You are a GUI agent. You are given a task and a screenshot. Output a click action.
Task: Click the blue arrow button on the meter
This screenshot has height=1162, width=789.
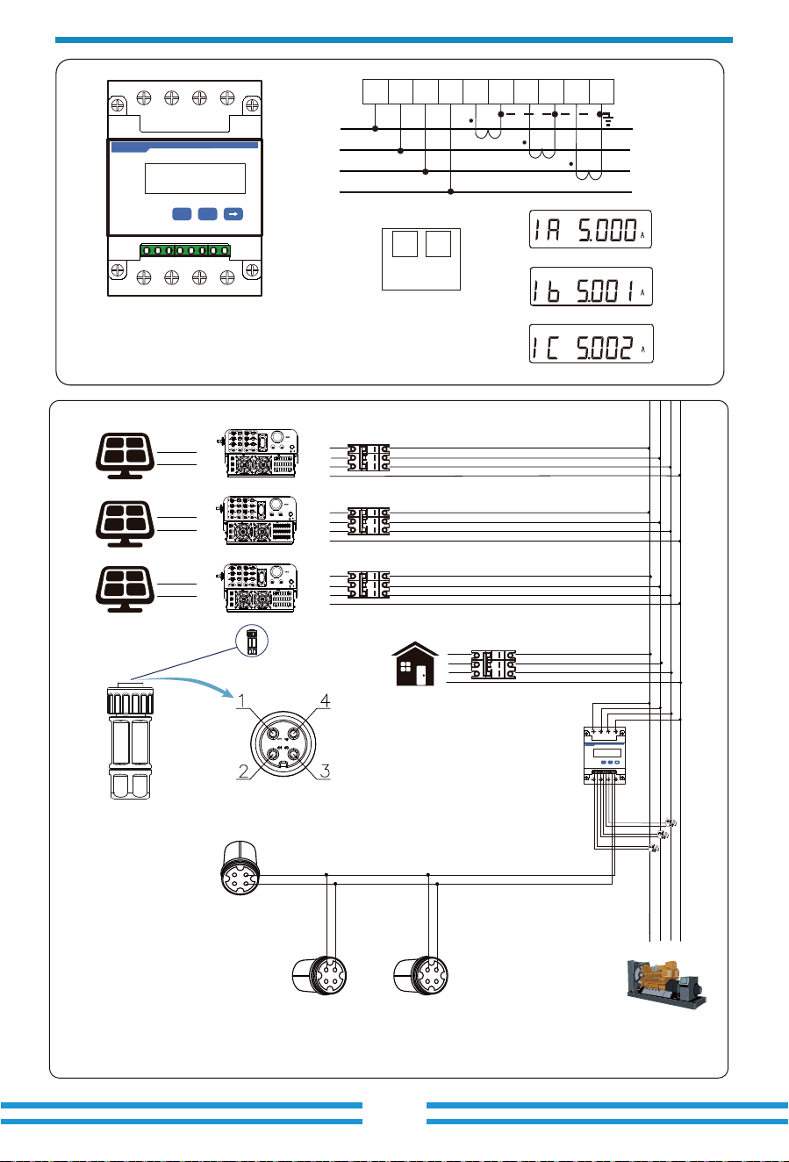(233, 214)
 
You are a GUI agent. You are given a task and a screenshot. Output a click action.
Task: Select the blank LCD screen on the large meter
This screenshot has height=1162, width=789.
(195, 178)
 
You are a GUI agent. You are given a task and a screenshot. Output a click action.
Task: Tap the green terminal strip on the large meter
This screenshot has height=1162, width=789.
(185, 250)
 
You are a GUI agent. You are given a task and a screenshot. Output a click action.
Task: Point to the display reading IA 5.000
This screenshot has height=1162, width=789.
(591, 229)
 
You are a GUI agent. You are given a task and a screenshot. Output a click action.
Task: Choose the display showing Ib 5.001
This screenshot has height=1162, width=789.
(591, 286)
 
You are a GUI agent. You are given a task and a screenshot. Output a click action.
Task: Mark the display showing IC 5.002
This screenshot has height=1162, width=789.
(591, 343)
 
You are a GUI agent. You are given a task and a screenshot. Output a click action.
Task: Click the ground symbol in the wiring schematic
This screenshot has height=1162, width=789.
(607, 120)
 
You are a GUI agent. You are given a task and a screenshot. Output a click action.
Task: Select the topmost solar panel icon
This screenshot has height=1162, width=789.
(125, 455)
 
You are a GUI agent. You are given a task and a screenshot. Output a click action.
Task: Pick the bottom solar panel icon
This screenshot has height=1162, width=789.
(125, 589)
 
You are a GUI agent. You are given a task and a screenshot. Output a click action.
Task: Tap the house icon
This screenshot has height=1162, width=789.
(415, 664)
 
